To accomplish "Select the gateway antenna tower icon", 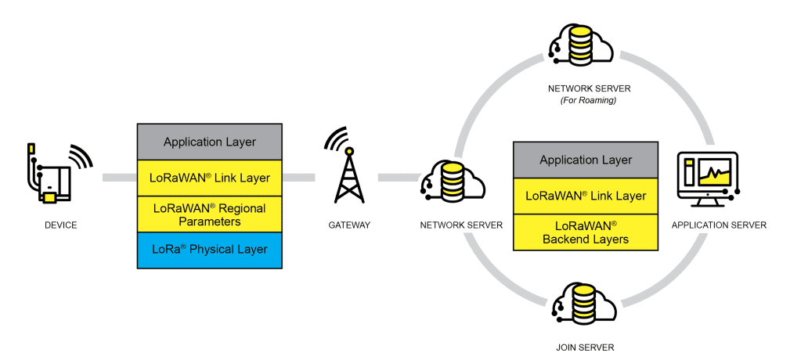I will pyautogui.click(x=349, y=177).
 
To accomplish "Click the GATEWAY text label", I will pyautogui.click(x=349, y=225).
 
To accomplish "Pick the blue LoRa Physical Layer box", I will pyautogui.click(x=209, y=250).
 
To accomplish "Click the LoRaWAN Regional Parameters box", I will pyautogui.click(x=209, y=214).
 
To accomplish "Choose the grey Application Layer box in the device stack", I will pyautogui.click(x=209, y=142).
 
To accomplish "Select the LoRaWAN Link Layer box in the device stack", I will pyautogui.click(x=209, y=178).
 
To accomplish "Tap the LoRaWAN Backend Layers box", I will pyautogui.click(x=585, y=232).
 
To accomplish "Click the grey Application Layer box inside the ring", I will pyautogui.click(x=585, y=160).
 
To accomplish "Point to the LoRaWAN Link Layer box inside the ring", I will pyautogui.click(x=585, y=196).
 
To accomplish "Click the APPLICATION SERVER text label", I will pyautogui.click(x=718, y=225).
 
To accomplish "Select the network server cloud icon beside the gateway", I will pyautogui.click(x=453, y=180).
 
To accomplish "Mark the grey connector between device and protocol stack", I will pyautogui.click(x=118, y=178).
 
